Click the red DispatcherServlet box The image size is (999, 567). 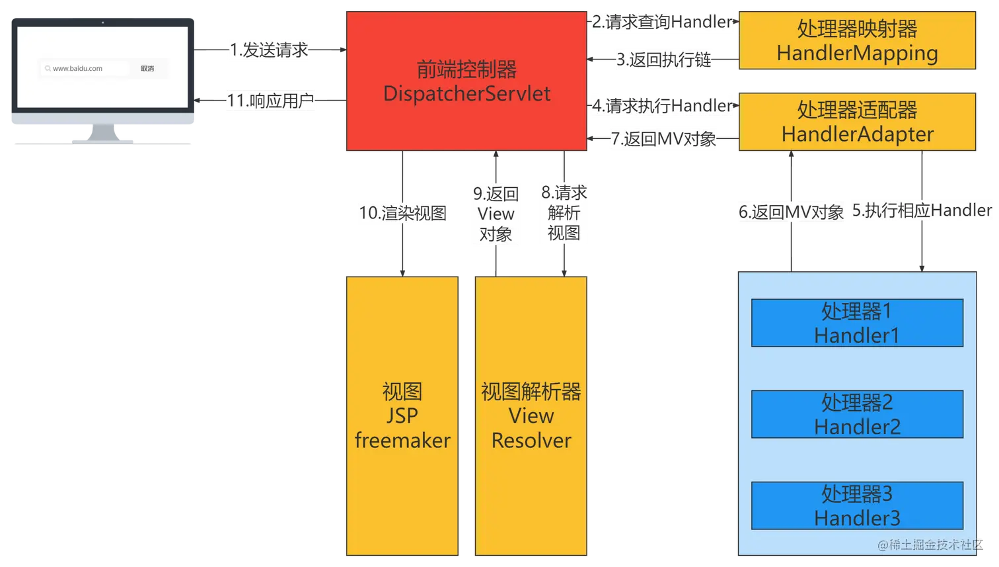(466, 81)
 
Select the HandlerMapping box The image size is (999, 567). (857, 41)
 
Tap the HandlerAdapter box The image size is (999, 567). (857, 122)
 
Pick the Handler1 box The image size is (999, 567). (857, 323)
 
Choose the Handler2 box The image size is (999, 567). (857, 414)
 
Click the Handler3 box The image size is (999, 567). (857, 505)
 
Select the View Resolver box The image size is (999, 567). (531, 415)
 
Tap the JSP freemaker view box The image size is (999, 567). (402, 415)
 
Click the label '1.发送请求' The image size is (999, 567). (270, 50)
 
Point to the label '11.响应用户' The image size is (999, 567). (270, 101)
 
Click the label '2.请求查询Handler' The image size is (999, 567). (662, 22)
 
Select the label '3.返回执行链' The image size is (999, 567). (663, 60)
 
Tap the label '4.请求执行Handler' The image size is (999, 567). (662, 105)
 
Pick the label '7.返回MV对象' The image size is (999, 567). (663, 138)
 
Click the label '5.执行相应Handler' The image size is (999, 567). (922, 210)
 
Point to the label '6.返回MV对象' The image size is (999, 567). (791, 212)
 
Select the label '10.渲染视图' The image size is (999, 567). (402, 213)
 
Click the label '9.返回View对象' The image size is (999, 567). (496, 214)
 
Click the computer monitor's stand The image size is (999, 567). (103, 134)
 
